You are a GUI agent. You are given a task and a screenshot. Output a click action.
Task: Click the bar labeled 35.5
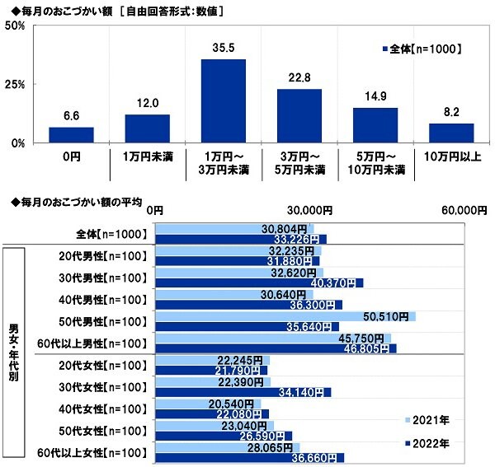click(x=223, y=100)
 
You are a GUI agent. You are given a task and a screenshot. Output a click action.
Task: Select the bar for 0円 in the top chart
click(x=71, y=135)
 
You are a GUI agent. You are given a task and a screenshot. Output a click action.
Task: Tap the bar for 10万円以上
click(x=451, y=133)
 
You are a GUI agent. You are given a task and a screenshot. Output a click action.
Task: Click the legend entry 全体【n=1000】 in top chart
click(x=423, y=49)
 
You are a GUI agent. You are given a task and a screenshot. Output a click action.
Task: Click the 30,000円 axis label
click(x=309, y=211)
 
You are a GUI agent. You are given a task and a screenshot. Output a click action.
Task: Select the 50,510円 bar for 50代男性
click(x=285, y=316)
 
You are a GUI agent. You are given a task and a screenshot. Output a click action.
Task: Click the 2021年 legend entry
click(x=428, y=420)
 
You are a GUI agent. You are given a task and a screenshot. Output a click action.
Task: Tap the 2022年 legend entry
click(x=428, y=443)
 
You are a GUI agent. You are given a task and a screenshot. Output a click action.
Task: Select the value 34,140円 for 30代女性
click(x=307, y=392)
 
